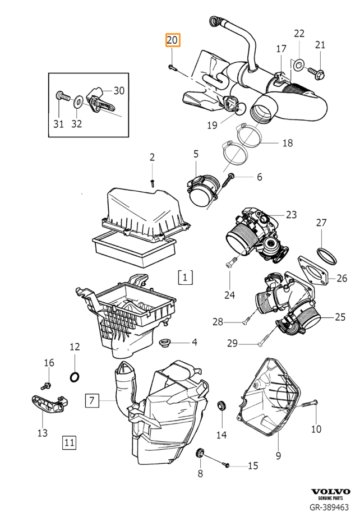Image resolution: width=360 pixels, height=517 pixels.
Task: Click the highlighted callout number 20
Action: (172, 40)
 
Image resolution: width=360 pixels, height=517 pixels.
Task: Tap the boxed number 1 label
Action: (185, 277)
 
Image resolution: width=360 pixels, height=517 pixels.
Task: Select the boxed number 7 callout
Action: (92, 400)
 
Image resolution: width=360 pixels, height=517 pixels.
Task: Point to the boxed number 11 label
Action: (69, 442)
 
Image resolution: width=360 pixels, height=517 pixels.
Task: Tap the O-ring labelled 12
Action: (75, 377)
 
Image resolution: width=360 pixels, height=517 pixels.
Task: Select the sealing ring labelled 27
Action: (327, 256)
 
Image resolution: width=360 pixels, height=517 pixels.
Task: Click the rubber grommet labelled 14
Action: (221, 406)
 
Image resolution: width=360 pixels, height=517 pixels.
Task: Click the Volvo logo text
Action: (331, 492)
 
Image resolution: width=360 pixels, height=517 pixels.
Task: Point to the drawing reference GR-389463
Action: (329, 507)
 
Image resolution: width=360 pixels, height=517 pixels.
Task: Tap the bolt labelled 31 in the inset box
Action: (63, 97)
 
